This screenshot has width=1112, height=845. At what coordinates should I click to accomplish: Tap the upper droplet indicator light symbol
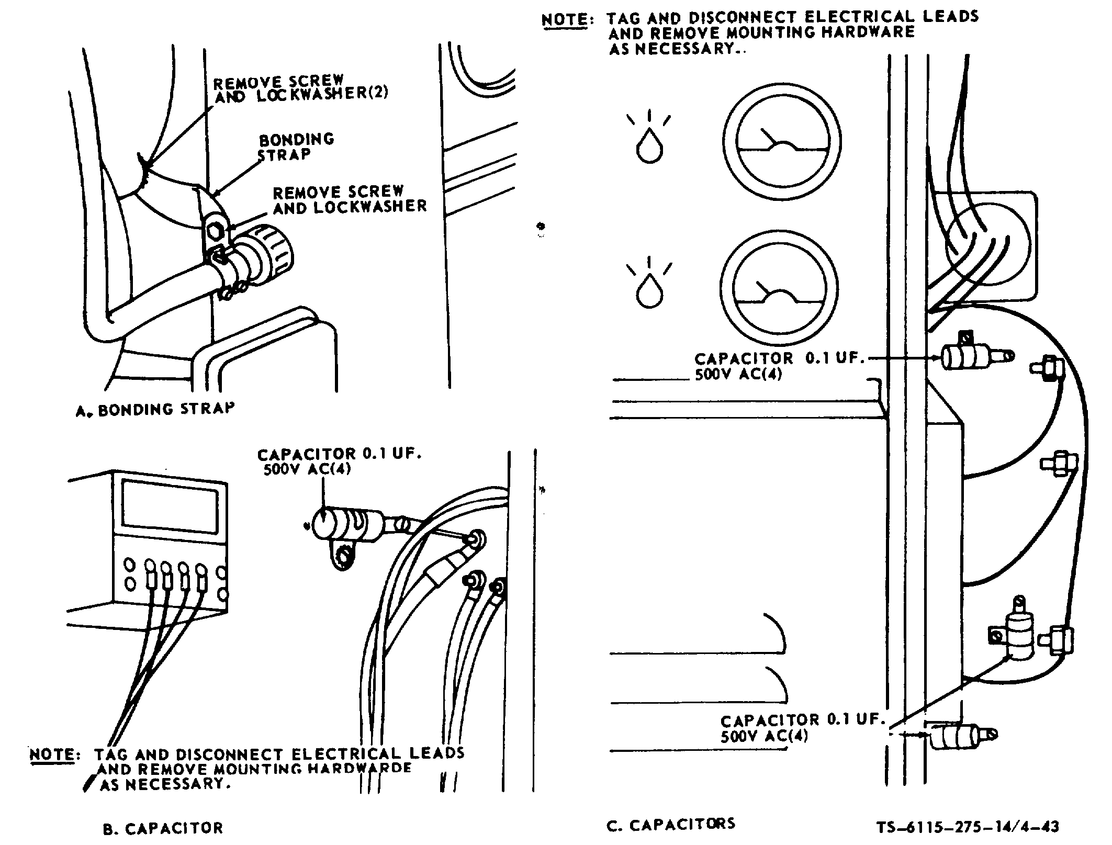tap(649, 145)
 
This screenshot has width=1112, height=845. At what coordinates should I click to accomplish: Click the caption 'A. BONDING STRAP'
tap(155, 409)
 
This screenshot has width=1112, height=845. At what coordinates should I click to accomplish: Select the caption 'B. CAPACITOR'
tap(163, 828)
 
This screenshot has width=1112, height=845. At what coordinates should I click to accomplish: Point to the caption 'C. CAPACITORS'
tap(670, 824)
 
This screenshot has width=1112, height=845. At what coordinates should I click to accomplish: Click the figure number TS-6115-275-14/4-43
tap(968, 827)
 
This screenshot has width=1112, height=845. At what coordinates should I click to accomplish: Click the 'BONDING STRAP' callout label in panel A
tap(296, 147)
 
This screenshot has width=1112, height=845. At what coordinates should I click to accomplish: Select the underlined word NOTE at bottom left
tap(53, 754)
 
